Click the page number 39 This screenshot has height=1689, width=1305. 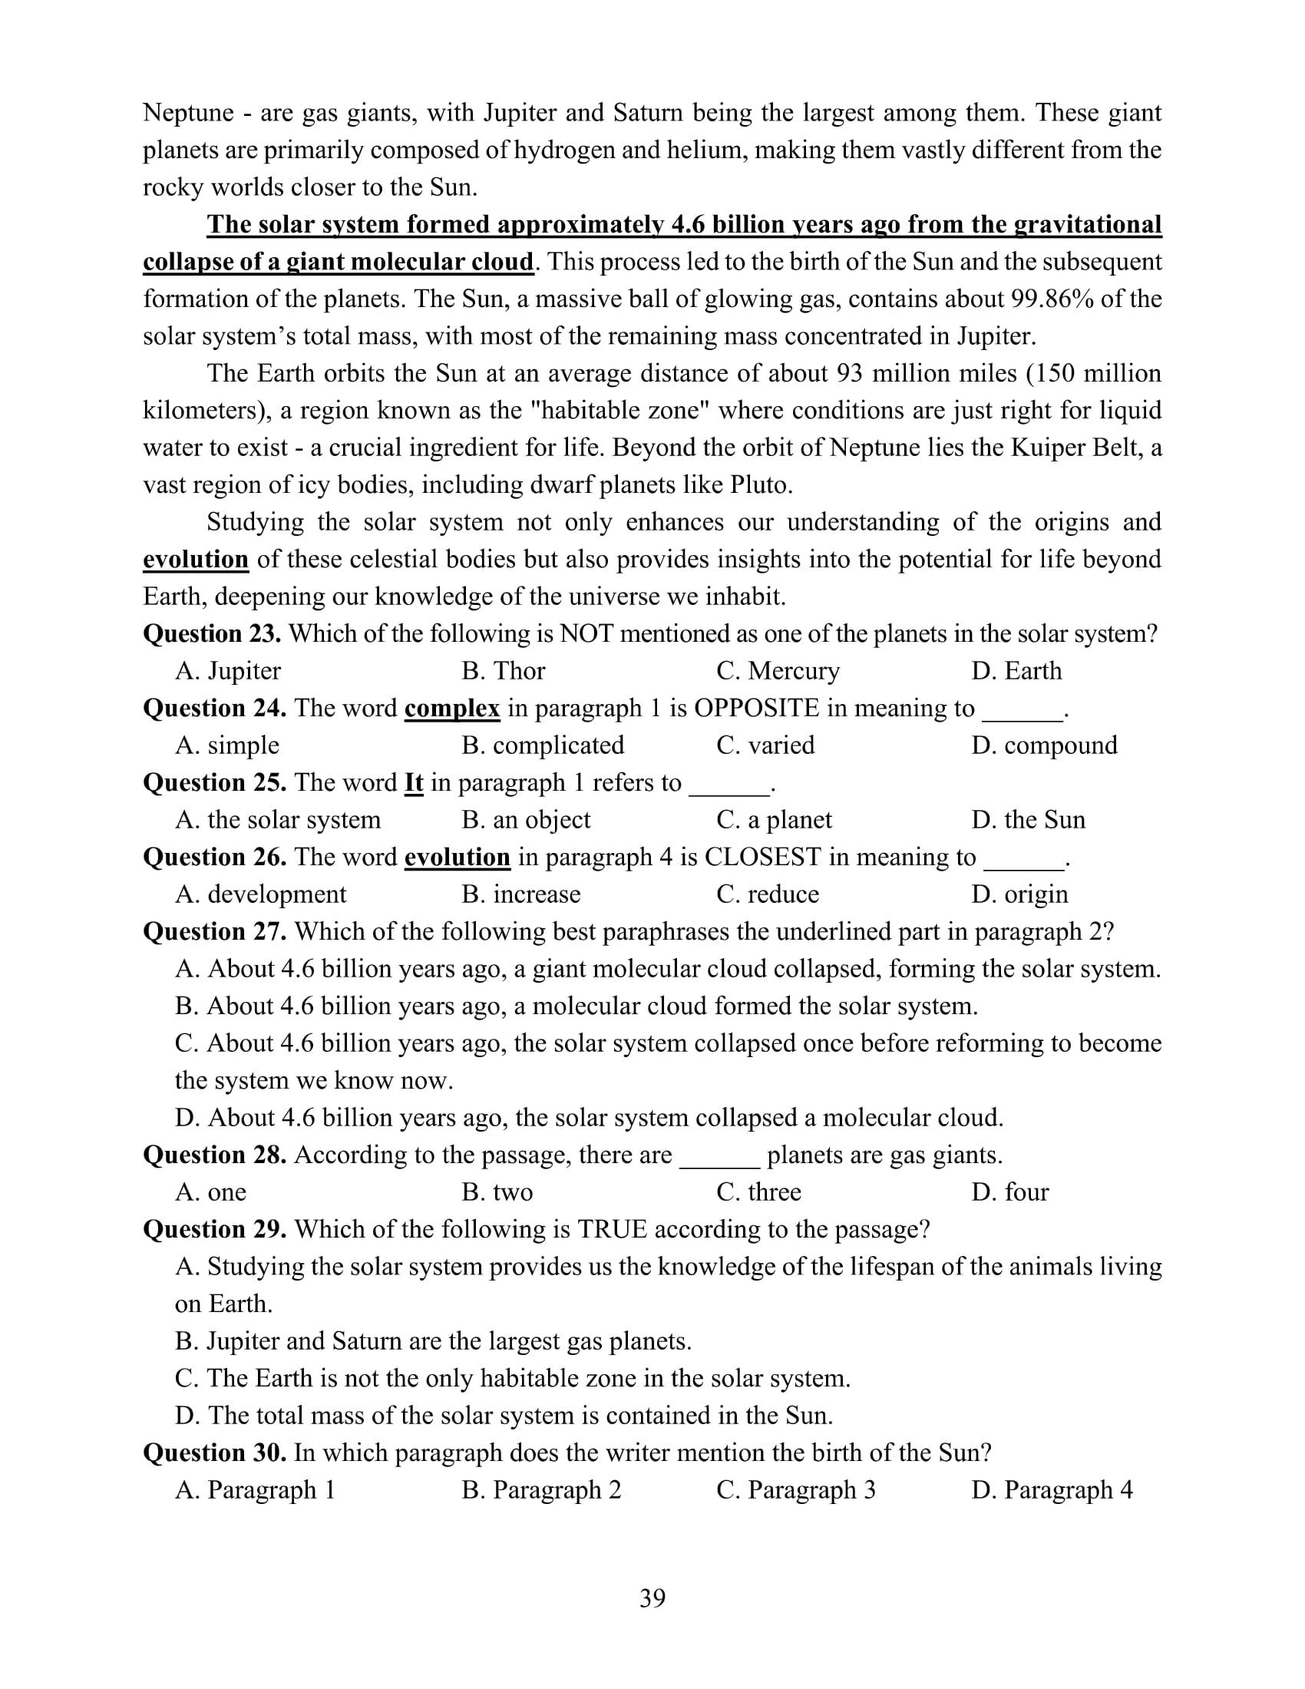click(x=652, y=1598)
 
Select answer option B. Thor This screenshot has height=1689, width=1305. click(x=504, y=670)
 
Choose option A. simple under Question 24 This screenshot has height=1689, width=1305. click(x=227, y=745)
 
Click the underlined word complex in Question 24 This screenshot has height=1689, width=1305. click(x=452, y=708)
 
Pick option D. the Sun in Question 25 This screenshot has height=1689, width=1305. click(x=1028, y=819)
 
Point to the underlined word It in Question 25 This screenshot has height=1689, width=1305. click(x=414, y=782)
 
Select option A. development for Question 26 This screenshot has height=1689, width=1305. click(x=260, y=894)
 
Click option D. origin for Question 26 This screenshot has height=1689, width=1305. click(x=1019, y=894)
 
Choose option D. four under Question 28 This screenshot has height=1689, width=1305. click(x=1009, y=1192)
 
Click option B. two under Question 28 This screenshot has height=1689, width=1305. click(x=497, y=1192)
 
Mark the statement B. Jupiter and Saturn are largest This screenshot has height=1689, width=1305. click(x=433, y=1340)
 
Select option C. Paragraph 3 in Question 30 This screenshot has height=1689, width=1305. click(x=795, y=1489)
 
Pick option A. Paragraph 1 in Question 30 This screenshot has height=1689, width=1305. click(x=255, y=1489)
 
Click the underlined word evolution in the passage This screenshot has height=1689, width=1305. click(x=196, y=559)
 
